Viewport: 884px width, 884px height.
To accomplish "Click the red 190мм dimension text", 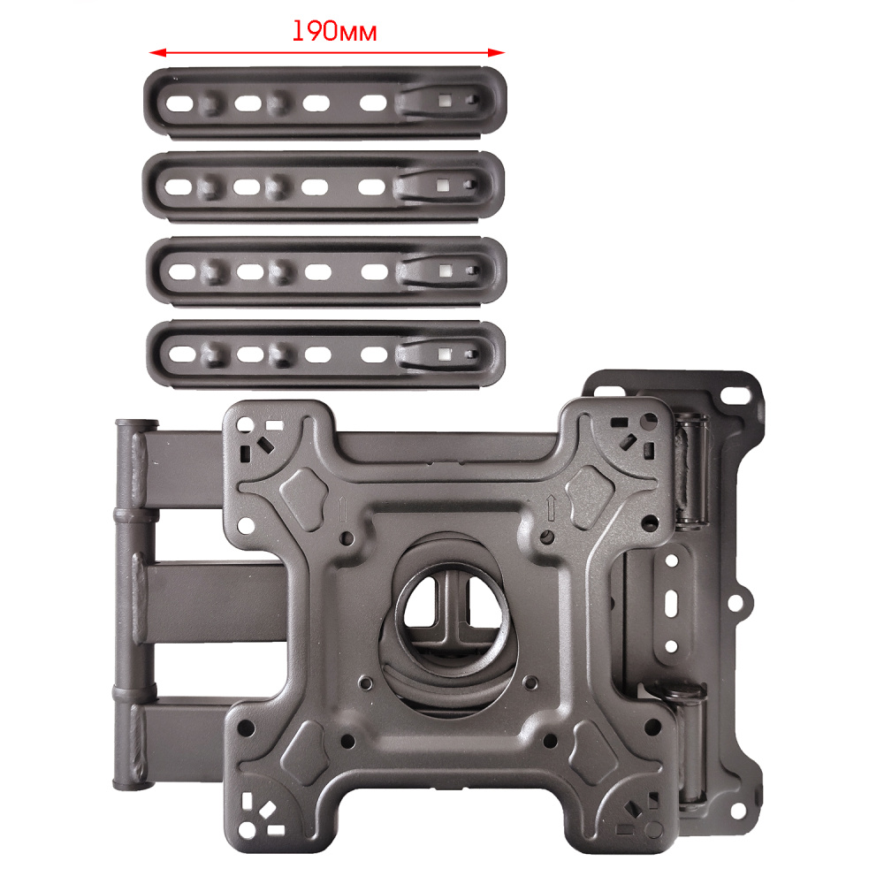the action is (x=334, y=32).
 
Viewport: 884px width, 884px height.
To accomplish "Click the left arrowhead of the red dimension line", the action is (x=157, y=52).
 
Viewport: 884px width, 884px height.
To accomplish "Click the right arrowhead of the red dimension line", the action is (x=496, y=52).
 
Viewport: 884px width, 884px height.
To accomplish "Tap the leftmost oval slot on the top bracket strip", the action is (x=179, y=103).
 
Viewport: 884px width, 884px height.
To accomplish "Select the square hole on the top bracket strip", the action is (x=445, y=102).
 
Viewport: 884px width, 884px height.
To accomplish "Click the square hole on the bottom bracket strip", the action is (x=445, y=354).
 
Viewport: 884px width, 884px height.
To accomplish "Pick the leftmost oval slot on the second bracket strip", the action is (x=179, y=187).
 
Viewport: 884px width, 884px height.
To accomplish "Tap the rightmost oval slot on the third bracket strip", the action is (x=374, y=272).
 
